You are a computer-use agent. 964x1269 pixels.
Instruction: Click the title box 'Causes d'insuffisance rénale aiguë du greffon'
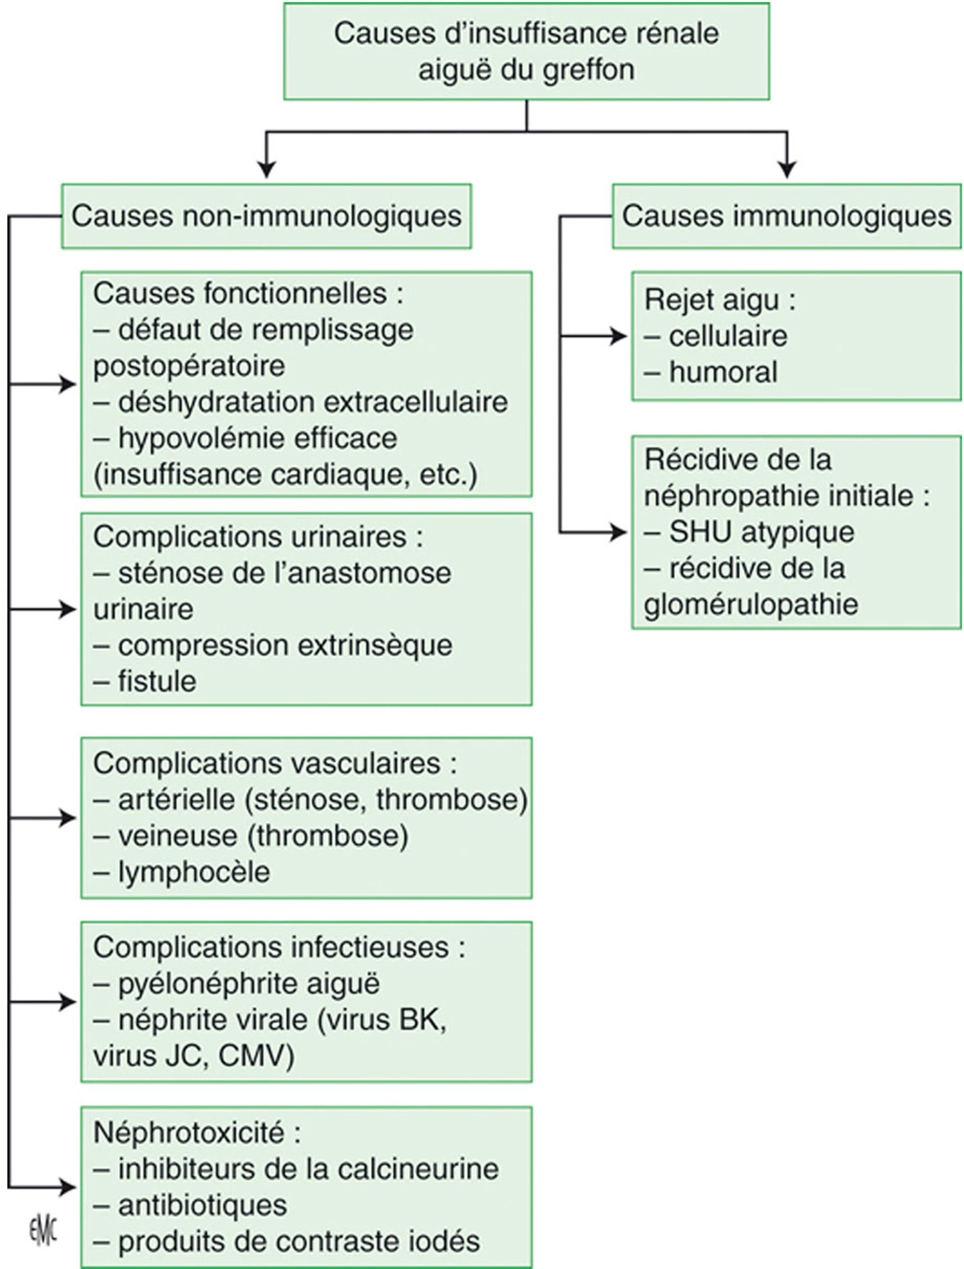(526, 51)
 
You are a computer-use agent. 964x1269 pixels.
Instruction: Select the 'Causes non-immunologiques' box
(266, 216)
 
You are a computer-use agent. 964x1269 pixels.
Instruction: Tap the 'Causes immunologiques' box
(786, 216)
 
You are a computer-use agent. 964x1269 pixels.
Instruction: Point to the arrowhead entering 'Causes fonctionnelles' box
(68, 384)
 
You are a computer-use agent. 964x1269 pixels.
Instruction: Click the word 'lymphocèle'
(194, 873)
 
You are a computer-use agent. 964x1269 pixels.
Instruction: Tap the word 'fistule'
(157, 681)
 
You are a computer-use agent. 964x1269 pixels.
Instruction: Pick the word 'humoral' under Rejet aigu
(723, 372)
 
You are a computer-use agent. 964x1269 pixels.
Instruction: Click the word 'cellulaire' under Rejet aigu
(728, 336)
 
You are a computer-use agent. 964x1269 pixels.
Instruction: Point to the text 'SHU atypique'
(761, 532)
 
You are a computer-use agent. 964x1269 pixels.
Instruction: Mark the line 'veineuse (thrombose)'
(263, 836)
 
